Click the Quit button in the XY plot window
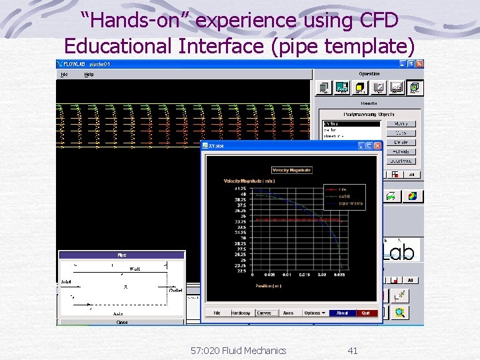pyautogui.click(x=365, y=313)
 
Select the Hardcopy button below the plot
pyautogui.click(x=241, y=313)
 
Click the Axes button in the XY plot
pyautogui.click(x=287, y=313)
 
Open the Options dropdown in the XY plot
pyautogui.click(x=314, y=313)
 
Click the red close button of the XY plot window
pyautogui.click(x=377, y=145)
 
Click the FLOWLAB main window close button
pyautogui.click(x=419, y=64)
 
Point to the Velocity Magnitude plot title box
pyautogui.click(x=291, y=171)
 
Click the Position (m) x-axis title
pyautogui.click(x=268, y=286)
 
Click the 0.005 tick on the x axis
pyautogui.click(x=269, y=275)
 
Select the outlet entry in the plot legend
pyautogui.click(x=345, y=196)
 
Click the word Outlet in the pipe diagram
pyautogui.click(x=175, y=290)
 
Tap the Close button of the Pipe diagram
pyautogui.click(x=122, y=322)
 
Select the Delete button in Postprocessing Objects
pyautogui.click(x=401, y=143)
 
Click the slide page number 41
pyautogui.click(x=353, y=350)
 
